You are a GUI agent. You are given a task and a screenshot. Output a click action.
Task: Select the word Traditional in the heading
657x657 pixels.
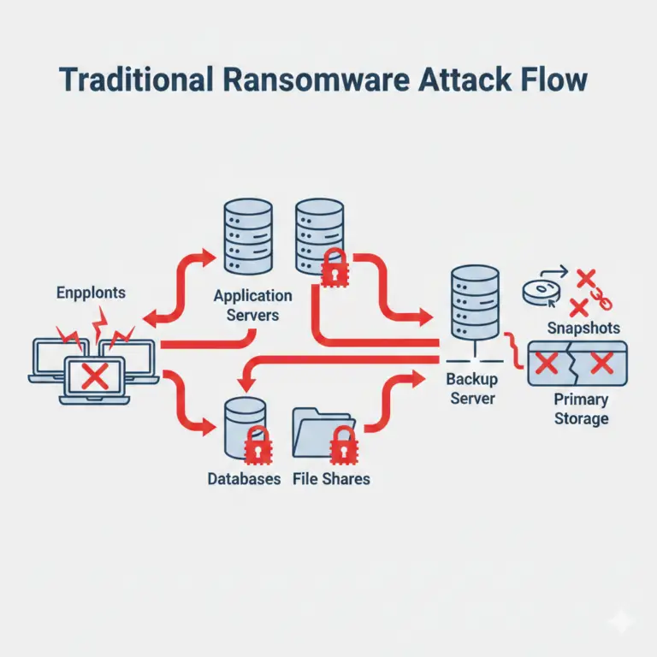(135, 80)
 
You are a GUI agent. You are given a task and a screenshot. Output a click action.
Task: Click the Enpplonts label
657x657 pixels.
(91, 293)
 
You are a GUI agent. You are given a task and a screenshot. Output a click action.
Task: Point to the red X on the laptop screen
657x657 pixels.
(95, 374)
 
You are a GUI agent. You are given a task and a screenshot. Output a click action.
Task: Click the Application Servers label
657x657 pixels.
(252, 305)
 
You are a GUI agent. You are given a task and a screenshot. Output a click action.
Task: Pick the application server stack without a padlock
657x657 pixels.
(247, 236)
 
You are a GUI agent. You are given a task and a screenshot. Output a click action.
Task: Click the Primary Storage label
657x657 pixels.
(581, 410)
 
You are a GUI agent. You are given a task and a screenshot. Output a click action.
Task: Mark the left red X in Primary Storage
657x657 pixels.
(546, 364)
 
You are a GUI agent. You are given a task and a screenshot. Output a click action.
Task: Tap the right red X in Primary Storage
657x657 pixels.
(602, 364)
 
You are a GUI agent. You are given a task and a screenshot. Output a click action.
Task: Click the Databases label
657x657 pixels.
(244, 479)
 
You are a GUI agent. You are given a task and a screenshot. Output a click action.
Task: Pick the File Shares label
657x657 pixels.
(331, 479)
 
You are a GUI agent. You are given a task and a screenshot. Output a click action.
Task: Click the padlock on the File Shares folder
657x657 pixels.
(343, 441)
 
